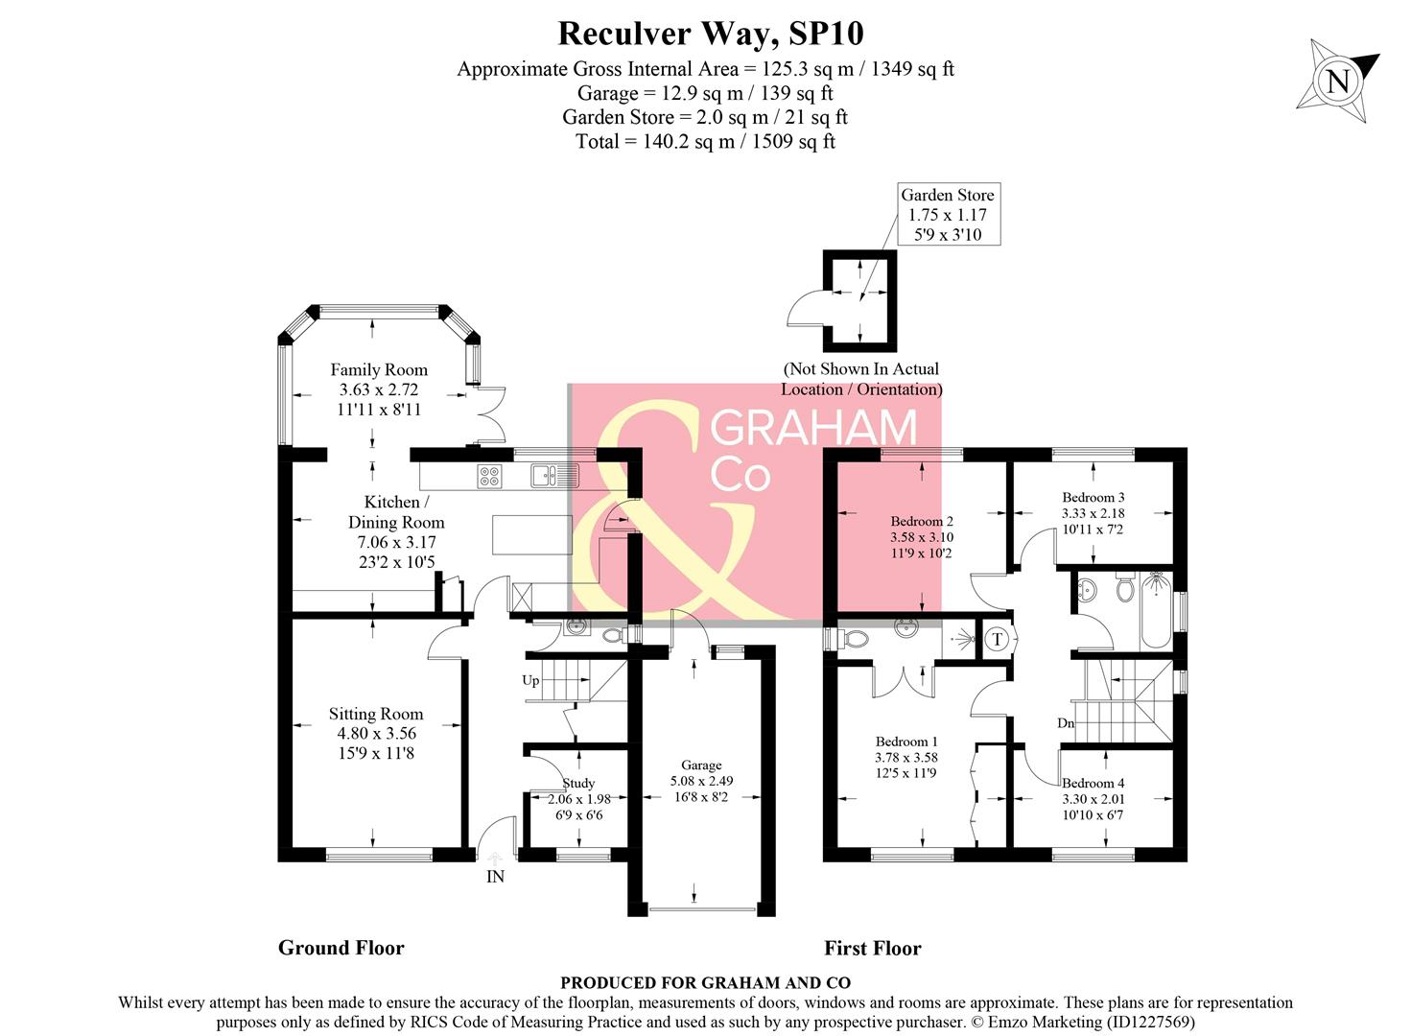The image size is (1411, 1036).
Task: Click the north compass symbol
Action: (1337, 81)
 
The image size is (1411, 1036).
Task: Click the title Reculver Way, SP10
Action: (710, 34)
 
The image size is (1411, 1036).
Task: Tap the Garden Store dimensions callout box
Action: (948, 215)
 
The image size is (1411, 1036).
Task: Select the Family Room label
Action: (379, 370)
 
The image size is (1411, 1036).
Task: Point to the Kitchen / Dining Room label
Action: (396, 512)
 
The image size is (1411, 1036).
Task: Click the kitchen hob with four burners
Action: (489, 476)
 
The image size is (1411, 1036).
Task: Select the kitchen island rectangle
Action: (531, 534)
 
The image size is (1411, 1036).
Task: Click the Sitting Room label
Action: (375, 714)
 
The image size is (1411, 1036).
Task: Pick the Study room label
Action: (578, 784)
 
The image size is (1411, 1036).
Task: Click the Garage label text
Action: (701, 765)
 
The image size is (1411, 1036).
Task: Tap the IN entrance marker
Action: (495, 877)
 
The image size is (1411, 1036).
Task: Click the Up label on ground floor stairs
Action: (530, 680)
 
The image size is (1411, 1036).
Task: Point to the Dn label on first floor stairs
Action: (1066, 723)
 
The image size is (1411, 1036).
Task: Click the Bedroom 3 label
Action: (1093, 498)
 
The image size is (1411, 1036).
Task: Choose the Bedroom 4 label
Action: (1093, 784)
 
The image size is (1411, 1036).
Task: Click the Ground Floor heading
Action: (341, 948)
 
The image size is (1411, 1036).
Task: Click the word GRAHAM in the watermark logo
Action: (812, 429)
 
